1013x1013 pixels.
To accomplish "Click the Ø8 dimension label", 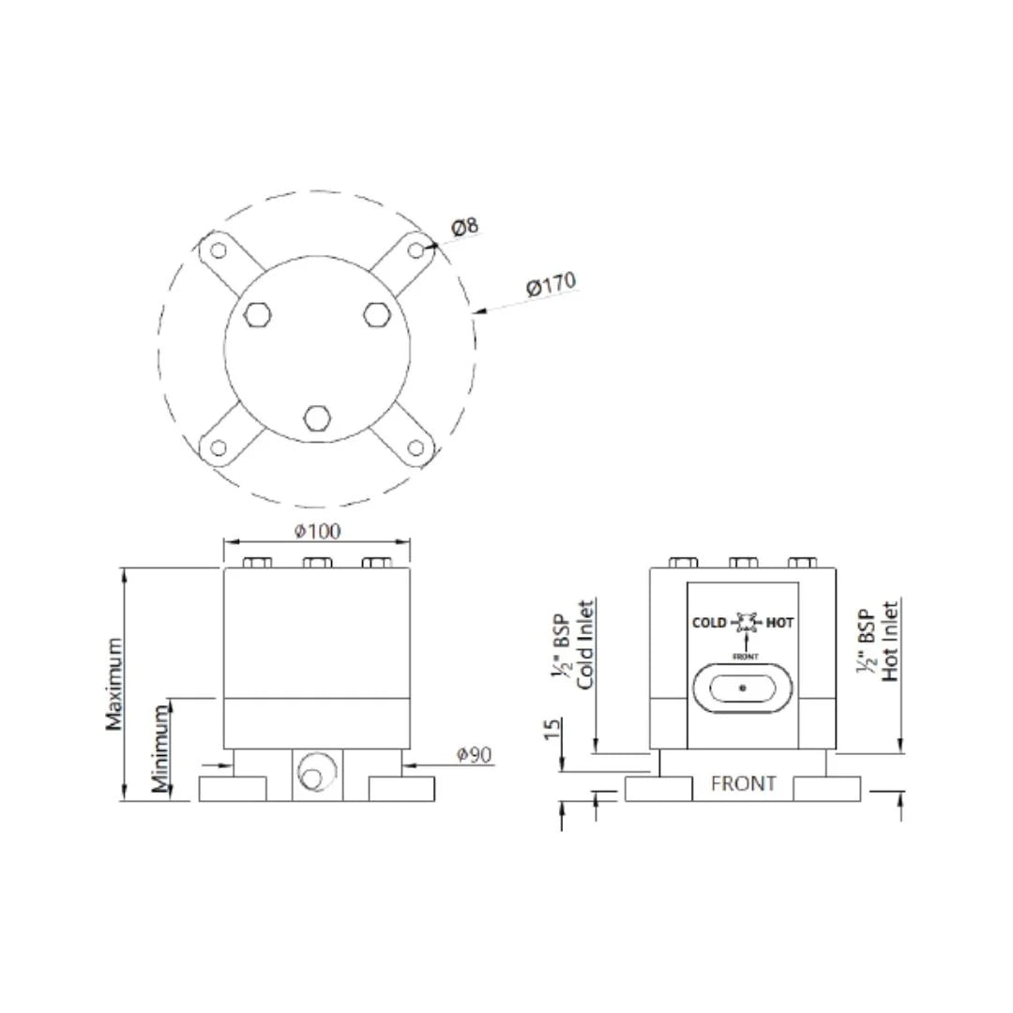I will pos(465,226).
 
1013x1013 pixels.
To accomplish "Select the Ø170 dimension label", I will pos(551,284).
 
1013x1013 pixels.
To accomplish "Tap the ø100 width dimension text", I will pos(318,531).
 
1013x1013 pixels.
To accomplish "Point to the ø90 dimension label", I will pos(475,754).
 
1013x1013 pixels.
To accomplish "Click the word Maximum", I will pos(113,684).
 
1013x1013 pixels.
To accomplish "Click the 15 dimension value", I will pos(552,729).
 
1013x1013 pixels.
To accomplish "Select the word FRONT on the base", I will pos(743,783).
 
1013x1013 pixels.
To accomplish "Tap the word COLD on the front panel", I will pos(709,623).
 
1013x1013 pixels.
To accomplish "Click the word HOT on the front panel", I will pos(779,623).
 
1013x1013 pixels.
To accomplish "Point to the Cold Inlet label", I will pos(586,644).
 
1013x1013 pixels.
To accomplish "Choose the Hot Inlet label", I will pos(890,642).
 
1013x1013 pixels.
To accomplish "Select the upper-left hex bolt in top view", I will pos(257,315).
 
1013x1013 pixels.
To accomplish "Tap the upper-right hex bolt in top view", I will pos(376,315).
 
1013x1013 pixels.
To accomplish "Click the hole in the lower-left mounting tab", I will pos(219,447).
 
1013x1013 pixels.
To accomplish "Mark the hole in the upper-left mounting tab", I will pos(219,250).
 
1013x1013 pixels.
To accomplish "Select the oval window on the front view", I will pos(743,688).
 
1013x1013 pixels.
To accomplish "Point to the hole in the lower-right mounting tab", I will pos(416,447).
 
